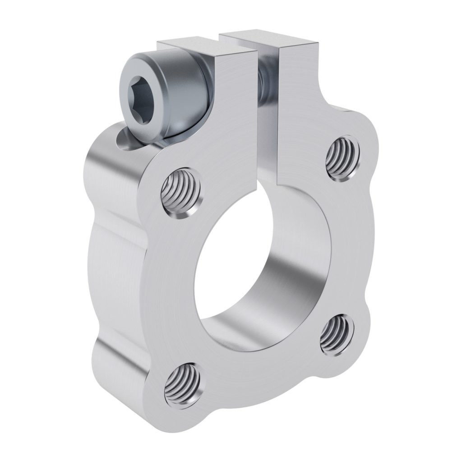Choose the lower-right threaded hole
coord(336,334)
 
